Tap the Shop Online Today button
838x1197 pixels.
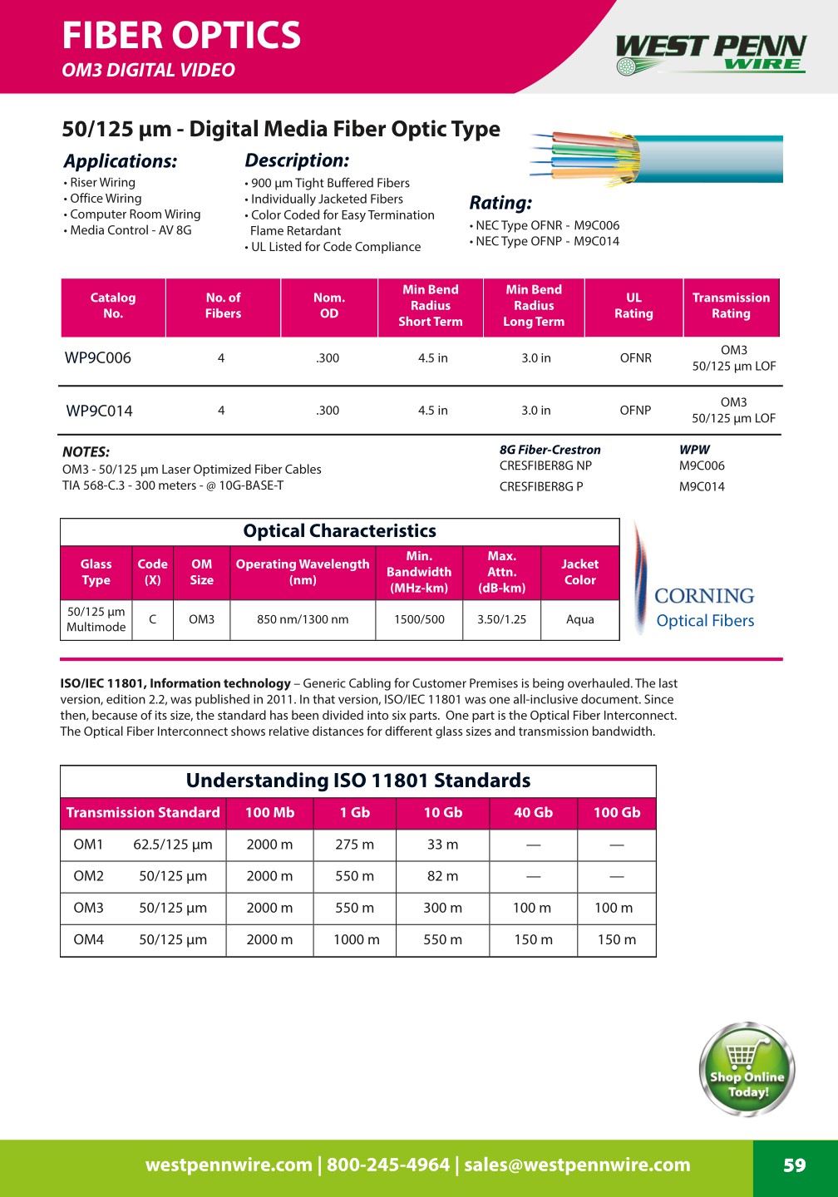click(747, 1070)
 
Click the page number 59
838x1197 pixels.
click(795, 1165)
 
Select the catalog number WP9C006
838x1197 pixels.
click(98, 358)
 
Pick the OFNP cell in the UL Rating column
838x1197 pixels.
click(635, 411)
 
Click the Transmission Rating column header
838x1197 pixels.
click(731, 306)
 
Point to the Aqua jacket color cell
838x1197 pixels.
click(579, 619)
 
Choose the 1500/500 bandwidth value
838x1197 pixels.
click(419, 619)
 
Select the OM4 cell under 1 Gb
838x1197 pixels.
click(356, 940)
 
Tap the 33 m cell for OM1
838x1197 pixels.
click(442, 845)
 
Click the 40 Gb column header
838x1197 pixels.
click(533, 813)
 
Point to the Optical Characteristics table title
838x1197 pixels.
click(339, 531)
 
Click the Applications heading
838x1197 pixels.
click(121, 161)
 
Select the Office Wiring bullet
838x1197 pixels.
click(106, 199)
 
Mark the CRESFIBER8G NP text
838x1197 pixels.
click(545, 466)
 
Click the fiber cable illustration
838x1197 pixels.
click(657, 158)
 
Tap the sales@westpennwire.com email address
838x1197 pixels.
click(577, 1165)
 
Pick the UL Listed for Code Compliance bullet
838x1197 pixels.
click(336, 247)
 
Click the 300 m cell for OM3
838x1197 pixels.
click(442, 909)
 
